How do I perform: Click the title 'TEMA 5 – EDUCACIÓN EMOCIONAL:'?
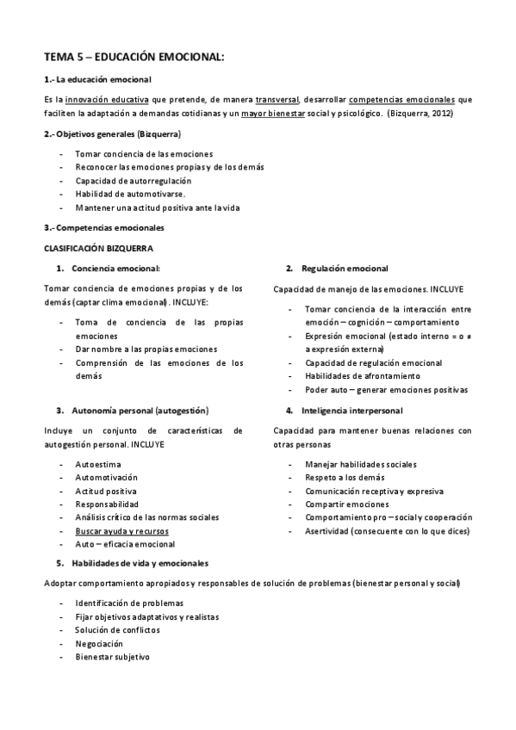tap(134, 57)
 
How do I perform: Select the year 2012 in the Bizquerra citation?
tap(438, 113)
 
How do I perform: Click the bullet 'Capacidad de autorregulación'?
tap(133, 181)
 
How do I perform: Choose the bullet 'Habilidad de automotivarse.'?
tap(130, 195)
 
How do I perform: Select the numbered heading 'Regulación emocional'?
tap(345, 269)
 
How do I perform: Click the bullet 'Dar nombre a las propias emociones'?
tap(146, 350)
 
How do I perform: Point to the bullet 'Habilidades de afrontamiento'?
tap(363, 376)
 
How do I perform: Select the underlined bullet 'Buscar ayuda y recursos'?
tap(121, 531)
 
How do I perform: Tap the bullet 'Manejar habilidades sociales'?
tap(361, 464)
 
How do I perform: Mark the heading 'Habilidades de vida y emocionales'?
tap(140, 563)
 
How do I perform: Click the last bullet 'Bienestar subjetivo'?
tap(112, 657)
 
